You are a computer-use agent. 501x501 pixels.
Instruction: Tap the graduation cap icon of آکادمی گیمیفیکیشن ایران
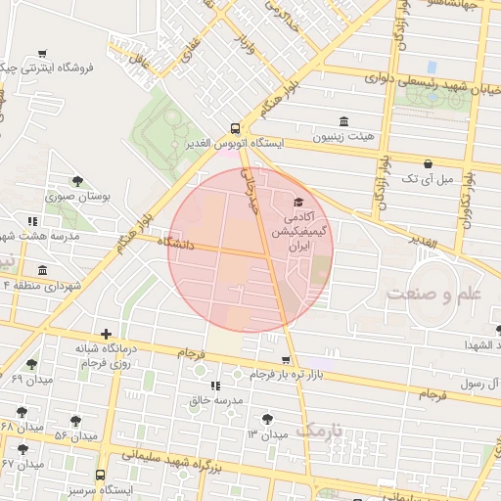297,203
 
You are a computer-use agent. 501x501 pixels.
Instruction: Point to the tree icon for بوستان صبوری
77,181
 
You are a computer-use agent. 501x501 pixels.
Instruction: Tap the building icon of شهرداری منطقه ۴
41,270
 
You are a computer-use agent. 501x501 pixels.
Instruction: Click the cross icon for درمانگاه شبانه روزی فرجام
106,334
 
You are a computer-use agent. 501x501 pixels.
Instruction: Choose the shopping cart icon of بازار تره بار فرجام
286,360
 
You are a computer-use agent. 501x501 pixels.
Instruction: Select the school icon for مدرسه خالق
214,387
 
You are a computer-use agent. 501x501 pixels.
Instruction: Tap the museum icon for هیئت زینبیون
342,121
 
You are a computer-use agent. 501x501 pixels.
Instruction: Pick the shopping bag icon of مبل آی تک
428,163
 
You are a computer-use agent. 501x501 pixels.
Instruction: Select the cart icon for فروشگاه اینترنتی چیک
41,54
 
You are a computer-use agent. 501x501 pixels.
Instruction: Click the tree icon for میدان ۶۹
31,364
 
